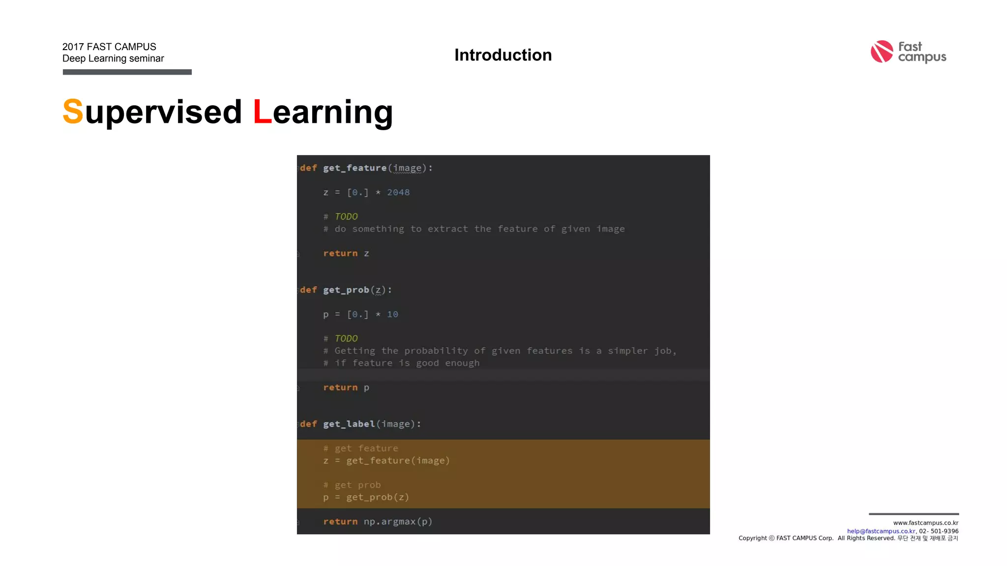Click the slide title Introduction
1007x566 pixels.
(503, 55)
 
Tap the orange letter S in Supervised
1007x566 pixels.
(73, 112)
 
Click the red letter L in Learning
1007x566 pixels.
(262, 112)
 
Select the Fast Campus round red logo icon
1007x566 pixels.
(882, 52)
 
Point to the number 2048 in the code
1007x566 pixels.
(398, 193)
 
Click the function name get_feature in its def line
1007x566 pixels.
(355, 168)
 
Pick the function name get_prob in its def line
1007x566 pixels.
(346, 290)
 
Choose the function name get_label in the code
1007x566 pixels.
(349, 424)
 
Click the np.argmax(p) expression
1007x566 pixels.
(398, 522)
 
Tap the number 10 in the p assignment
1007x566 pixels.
(392, 314)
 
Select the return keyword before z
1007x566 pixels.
(340, 254)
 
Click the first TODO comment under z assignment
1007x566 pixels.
(346, 217)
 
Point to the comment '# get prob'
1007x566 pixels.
(352, 485)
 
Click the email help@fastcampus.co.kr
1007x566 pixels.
(881, 531)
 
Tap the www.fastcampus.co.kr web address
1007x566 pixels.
(925, 523)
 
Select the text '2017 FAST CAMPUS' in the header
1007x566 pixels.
(109, 47)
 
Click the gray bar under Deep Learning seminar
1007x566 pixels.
(127, 72)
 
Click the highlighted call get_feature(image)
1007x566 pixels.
(398, 461)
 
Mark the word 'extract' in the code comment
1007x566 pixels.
(447, 229)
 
